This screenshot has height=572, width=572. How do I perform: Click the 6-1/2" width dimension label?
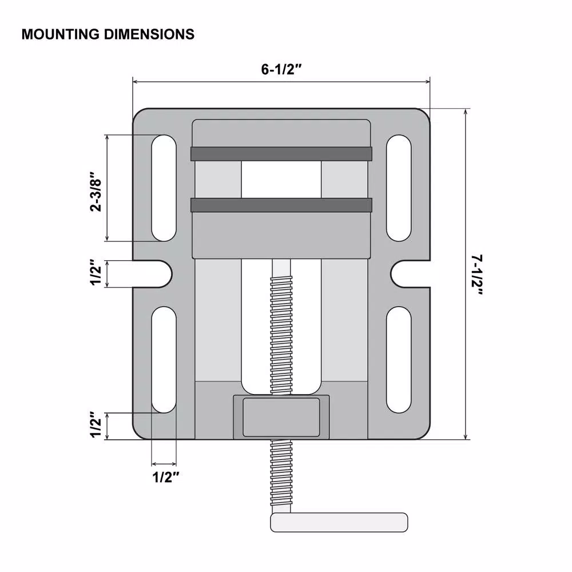tap(281, 70)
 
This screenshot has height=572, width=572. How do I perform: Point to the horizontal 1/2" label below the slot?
tap(166, 477)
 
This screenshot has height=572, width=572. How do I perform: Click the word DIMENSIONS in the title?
tap(149, 34)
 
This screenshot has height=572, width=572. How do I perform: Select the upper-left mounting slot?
tap(164, 188)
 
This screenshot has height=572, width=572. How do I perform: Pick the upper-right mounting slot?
tap(399, 188)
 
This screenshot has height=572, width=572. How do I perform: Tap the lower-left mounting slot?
tap(164, 359)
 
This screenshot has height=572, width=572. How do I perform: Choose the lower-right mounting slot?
tap(399, 359)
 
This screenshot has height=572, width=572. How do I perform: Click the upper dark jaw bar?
tap(281, 153)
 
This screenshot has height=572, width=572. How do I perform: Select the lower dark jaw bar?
tap(281, 205)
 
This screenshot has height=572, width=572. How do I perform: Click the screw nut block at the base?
tap(281, 417)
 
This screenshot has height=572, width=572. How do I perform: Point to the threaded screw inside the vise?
tap(281, 332)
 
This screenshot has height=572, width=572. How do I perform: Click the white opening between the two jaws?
tap(281, 179)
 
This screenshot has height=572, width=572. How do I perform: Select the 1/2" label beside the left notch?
tap(96, 274)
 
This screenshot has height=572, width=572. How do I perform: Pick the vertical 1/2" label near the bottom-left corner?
tap(96, 426)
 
